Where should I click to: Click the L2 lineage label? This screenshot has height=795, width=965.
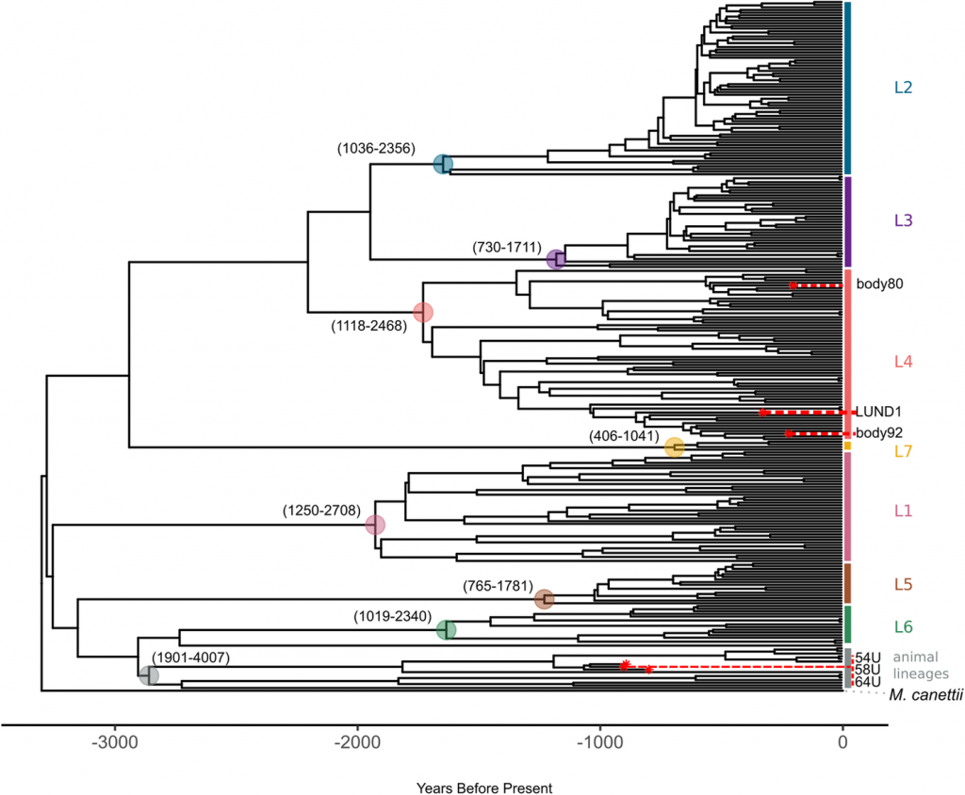click(903, 88)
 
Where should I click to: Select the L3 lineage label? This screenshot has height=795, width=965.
click(903, 220)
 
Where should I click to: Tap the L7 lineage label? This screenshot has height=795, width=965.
click(903, 451)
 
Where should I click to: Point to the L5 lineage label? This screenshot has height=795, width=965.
click(903, 584)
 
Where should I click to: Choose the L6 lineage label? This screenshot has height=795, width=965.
click(903, 625)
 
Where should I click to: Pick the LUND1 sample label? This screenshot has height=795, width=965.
click(878, 412)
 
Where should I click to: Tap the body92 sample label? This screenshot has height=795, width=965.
click(880, 433)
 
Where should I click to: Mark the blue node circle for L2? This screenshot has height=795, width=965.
click(443, 165)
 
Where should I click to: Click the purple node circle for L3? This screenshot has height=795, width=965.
click(556, 259)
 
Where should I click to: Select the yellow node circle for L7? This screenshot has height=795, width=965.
click(674, 447)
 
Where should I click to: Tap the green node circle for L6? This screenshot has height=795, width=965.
click(447, 630)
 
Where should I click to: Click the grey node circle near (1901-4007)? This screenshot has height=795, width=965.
click(149, 675)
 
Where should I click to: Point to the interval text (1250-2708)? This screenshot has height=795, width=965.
click(321, 511)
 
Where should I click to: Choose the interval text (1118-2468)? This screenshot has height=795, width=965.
click(368, 327)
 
